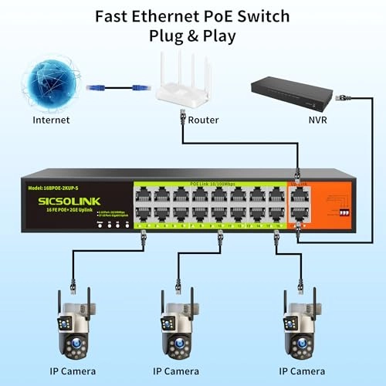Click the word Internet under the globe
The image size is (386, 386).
click(51, 120)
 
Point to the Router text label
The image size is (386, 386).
click(203, 120)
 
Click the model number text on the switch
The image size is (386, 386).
click(58, 188)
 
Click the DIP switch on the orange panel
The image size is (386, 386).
click(342, 209)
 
